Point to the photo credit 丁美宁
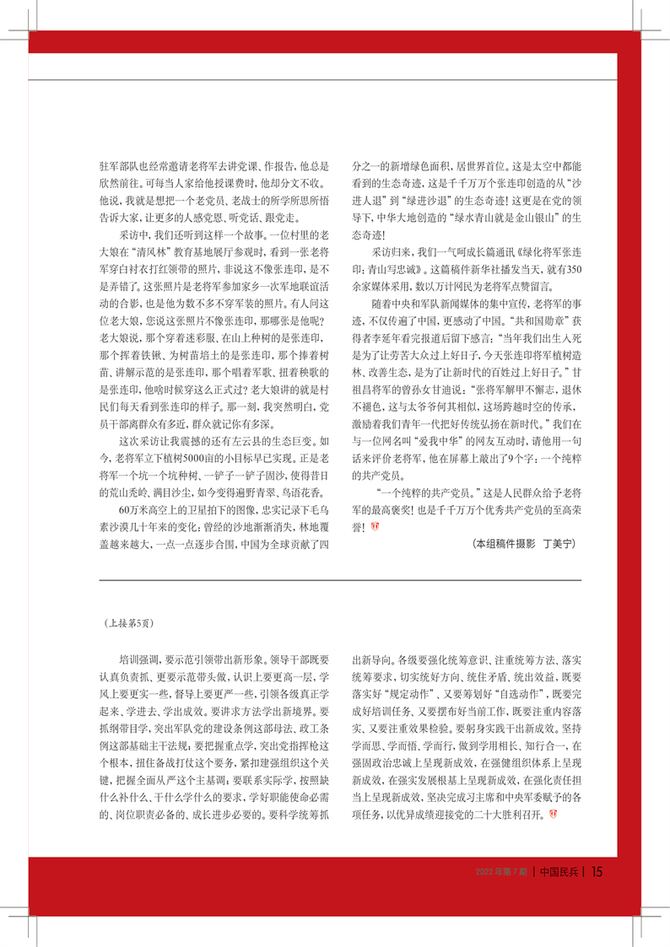tap(558, 545)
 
